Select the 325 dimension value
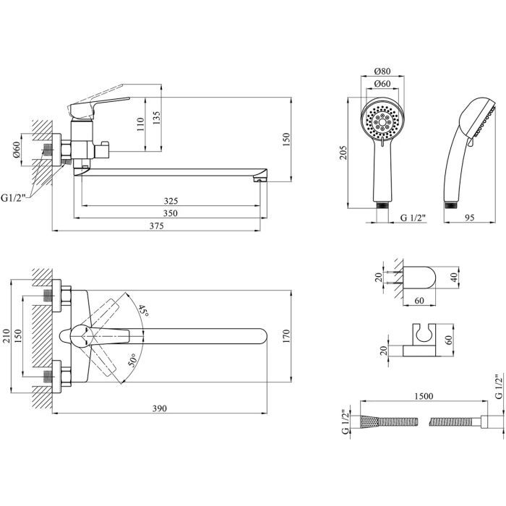[171, 200]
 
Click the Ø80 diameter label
[383, 72]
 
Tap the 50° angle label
[132, 359]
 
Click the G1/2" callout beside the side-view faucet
[12, 196]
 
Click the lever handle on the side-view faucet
[101, 106]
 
